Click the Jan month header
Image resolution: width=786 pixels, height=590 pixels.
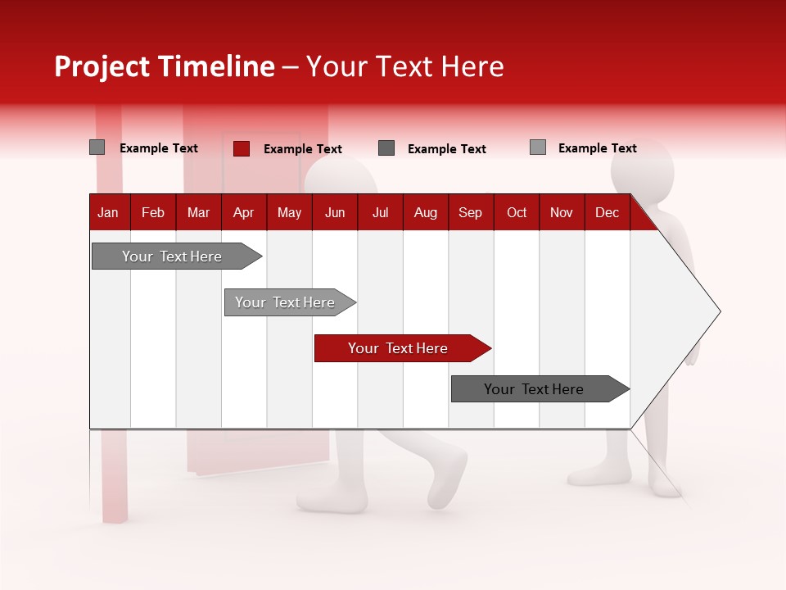point(108,212)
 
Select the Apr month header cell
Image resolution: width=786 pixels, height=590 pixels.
point(243,212)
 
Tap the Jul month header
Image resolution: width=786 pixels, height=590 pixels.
point(380,212)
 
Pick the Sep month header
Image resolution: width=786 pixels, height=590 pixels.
point(470,212)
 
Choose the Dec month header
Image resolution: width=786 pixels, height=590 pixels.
point(607,212)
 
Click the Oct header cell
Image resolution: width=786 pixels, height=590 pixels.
point(517,212)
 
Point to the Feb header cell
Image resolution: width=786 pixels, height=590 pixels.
point(153,212)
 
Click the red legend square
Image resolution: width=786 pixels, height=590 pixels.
point(242,148)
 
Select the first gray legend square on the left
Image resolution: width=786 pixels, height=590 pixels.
point(97,147)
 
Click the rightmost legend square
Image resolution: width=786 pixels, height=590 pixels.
point(538,147)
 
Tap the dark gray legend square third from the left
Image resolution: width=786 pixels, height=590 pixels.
point(386,148)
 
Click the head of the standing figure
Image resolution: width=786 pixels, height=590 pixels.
point(642,169)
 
